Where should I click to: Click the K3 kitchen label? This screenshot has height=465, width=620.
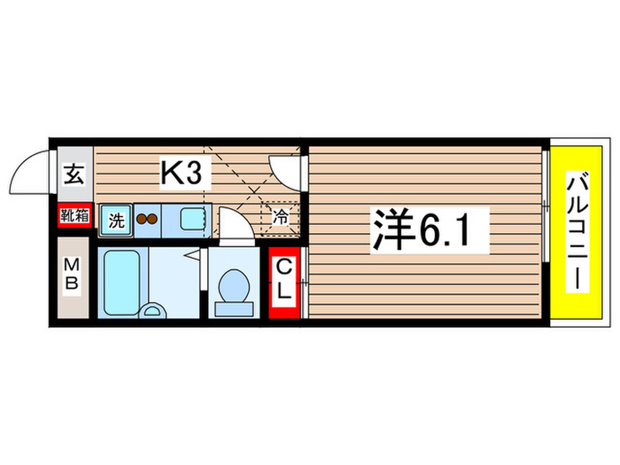point(185,174)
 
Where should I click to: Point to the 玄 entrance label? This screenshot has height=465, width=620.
point(73,174)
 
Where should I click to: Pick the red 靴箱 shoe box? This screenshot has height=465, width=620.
point(74,214)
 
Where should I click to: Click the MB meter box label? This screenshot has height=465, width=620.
point(74,275)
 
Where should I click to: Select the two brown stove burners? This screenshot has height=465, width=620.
point(145,220)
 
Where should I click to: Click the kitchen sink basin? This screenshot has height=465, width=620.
point(191,219)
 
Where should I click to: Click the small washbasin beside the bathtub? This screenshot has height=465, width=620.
point(152,310)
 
